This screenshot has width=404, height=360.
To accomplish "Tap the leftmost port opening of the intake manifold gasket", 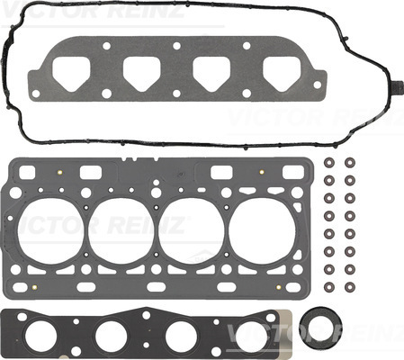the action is point(71,74).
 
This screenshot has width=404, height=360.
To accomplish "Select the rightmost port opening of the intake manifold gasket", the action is point(282,74).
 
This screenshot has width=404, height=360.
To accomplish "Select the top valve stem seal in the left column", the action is point(329,163).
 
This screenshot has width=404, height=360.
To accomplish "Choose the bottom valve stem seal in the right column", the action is point(350,287).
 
